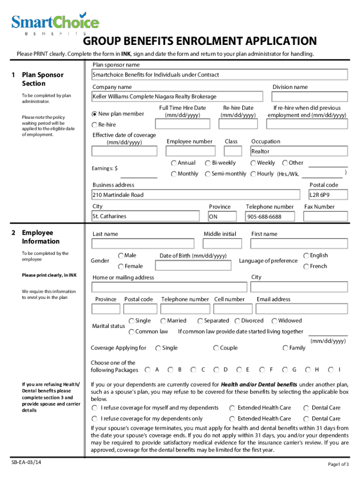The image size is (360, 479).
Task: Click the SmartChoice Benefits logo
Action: coord(55,24)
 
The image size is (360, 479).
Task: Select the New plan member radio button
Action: coord(95,114)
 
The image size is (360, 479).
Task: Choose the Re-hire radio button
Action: coord(95,125)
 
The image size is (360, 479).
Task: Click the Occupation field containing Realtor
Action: coord(299,152)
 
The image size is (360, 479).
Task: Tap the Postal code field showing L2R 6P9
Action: coord(328,195)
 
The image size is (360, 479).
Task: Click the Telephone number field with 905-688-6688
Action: coord(270,217)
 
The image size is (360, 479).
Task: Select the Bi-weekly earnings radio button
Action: coord(207,163)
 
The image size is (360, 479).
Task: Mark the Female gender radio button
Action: coord(121,267)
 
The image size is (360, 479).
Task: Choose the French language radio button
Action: coord(306,267)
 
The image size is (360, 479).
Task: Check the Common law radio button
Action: coord(131,332)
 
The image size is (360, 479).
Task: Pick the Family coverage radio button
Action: coord(285,348)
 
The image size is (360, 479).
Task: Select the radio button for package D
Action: coord(216,370)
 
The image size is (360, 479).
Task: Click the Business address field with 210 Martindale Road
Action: coord(195,195)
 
